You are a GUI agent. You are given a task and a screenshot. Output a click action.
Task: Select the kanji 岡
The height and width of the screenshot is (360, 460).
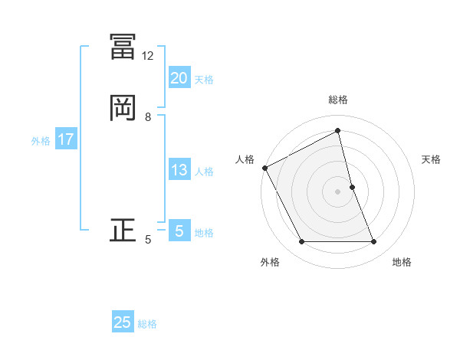pyautogui.click(x=123, y=107)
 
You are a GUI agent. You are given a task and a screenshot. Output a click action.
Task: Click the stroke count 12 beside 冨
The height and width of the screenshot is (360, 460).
pyautogui.click(x=148, y=56)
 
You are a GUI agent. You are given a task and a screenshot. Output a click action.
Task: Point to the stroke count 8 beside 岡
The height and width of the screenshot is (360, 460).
pyautogui.click(x=148, y=117)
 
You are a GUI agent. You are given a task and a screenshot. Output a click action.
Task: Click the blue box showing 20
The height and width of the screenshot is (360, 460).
pyautogui.click(x=179, y=78)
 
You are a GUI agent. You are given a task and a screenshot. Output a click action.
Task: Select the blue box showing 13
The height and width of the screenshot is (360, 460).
pyautogui.click(x=179, y=170)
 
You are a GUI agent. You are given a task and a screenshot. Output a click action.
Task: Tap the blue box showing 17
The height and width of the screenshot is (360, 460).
pyautogui.click(x=65, y=140)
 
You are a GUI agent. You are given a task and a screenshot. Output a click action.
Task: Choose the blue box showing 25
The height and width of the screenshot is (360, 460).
pyautogui.click(x=123, y=322)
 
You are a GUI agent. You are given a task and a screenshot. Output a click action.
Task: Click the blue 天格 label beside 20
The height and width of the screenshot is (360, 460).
pyautogui.click(x=204, y=80)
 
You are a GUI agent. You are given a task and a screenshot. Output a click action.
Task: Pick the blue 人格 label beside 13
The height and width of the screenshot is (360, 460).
pyautogui.click(x=204, y=172)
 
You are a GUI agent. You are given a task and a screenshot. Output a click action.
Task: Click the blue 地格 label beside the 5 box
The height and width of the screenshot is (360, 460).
pyautogui.click(x=204, y=233)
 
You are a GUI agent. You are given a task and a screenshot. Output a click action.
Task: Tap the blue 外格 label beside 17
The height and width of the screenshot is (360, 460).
pyautogui.click(x=40, y=141)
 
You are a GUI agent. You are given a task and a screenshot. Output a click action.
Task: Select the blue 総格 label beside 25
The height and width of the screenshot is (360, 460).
pyautogui.click(x=147, y=324)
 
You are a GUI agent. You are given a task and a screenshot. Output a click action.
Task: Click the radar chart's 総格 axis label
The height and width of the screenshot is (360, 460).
pyautogui.click(x=338, y=100)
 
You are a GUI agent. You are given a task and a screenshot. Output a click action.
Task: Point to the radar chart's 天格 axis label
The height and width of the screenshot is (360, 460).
pyautogui.click(x=432, y=159)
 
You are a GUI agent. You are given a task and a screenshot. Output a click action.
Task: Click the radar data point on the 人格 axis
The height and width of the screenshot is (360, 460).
pyautogui.click(x=264, y=168)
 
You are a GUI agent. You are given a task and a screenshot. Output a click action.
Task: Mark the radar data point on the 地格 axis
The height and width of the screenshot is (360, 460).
pyautogui.click(x=374, y=242)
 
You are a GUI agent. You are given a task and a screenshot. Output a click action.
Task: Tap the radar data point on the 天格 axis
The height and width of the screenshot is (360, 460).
pyautogui.click(x=353, y=187)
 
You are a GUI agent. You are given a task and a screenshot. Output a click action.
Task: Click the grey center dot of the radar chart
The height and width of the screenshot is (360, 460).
pyautogui.click(x=338, y=191)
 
